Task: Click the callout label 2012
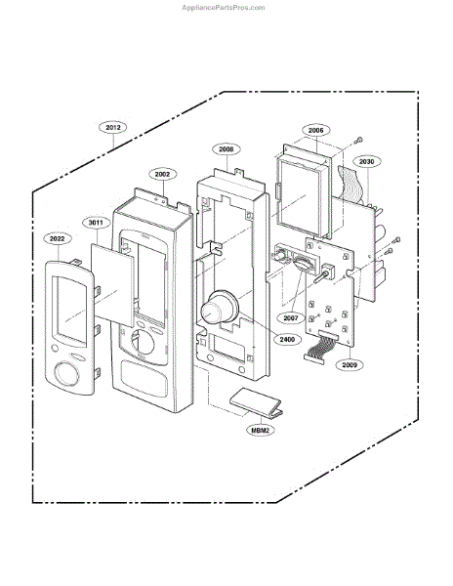[113, 127]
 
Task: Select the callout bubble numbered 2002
[162, 174]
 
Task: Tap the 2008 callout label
[226, 149]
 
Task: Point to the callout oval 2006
[316, 131]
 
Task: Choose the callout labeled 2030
[366, 162]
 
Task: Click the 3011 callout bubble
[96, 223]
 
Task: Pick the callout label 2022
[58, 238]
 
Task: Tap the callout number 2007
[291, 318]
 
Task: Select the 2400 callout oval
[287, 339]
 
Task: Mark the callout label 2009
[350, 364]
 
